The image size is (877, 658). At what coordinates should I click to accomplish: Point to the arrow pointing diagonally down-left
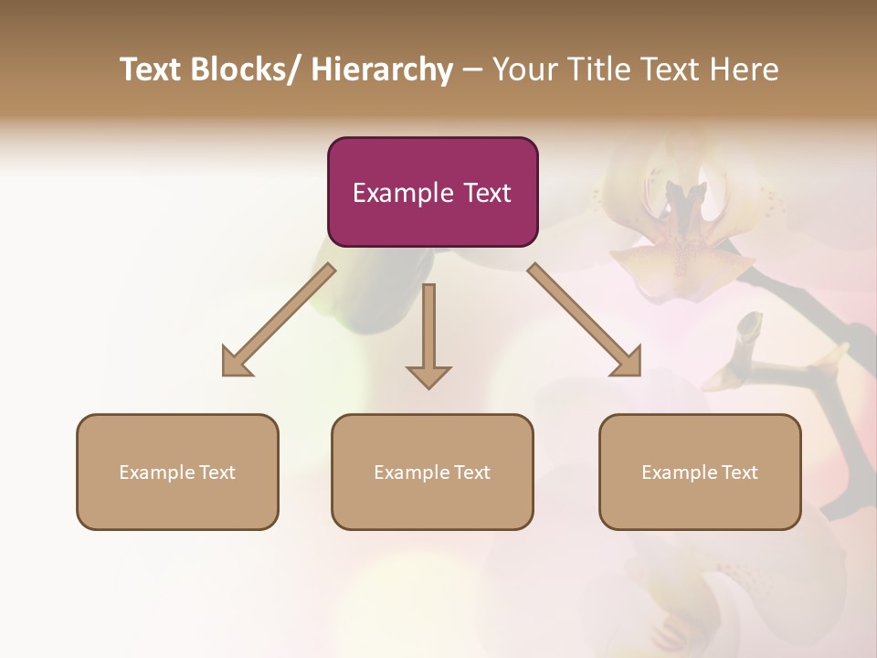[x=279, y=320]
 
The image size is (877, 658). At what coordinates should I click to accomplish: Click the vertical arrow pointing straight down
[x=428, y=334]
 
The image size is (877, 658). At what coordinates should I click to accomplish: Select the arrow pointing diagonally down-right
[x=585, y=320]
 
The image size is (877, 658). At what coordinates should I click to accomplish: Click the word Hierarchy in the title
[x=382, y=69]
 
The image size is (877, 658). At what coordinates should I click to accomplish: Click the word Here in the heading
[x=744, y=69]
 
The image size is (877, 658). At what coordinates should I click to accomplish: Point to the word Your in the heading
[x=524, y=69]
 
